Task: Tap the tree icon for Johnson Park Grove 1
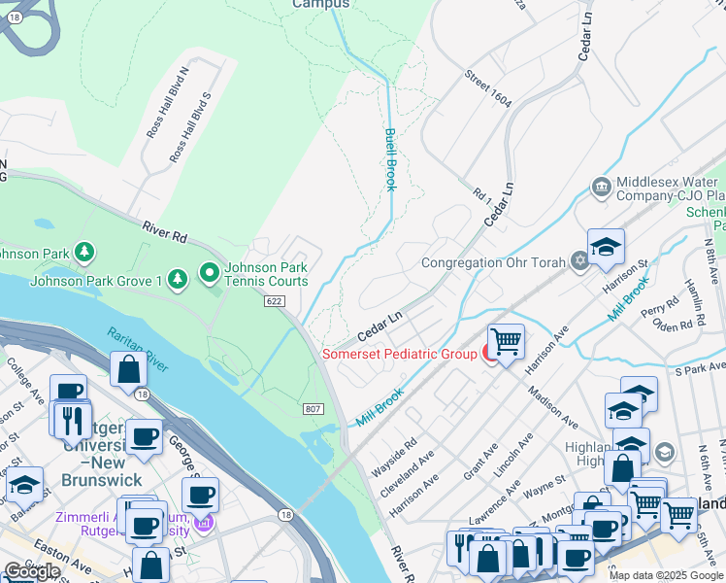(177, 281)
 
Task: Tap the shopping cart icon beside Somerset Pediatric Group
(506, 343)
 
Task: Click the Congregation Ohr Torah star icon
(579, 261)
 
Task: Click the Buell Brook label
(390, 159)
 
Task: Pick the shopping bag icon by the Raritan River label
(128, 369)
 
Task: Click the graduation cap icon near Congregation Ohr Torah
(606, 248)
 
